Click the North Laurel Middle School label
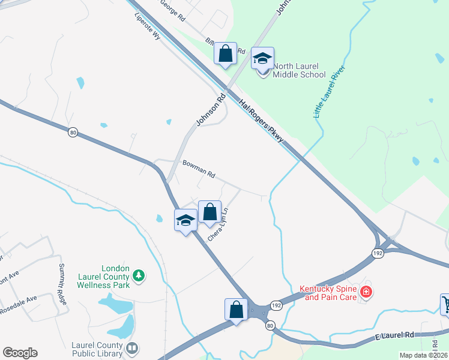[x=299, y=70]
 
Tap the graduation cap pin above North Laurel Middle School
[x=262, y=58]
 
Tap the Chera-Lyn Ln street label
[x=218, y=224]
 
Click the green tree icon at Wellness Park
[x=139, y=275]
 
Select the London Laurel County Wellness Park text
[x=103, y=277]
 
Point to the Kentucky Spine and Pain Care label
[x=328, y=293]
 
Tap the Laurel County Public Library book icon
[x=132, y=348]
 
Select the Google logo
[x=20, y=353]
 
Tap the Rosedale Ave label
[x=20, y=298]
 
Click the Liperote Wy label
[x=148, y=26]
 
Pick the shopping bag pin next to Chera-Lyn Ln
[x=209, y=212]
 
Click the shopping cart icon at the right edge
[x=445, y=304]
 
